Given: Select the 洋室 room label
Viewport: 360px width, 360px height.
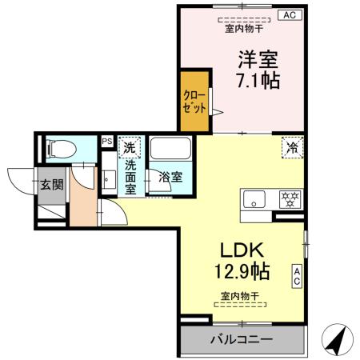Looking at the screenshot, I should click(x=256, y=58).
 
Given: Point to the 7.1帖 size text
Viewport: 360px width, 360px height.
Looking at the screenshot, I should click(x=257, y=81).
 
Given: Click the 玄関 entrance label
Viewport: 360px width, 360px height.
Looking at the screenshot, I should click(x=52, y=184).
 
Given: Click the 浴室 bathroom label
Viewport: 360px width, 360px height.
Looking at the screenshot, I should click(x=170, y=177).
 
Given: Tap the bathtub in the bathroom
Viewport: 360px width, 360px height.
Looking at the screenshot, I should click(x=169, y=151).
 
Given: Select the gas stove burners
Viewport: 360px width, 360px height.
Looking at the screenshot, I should click(x=288, y=198).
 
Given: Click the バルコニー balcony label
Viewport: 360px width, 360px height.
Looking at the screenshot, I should click(x=241, y=339).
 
